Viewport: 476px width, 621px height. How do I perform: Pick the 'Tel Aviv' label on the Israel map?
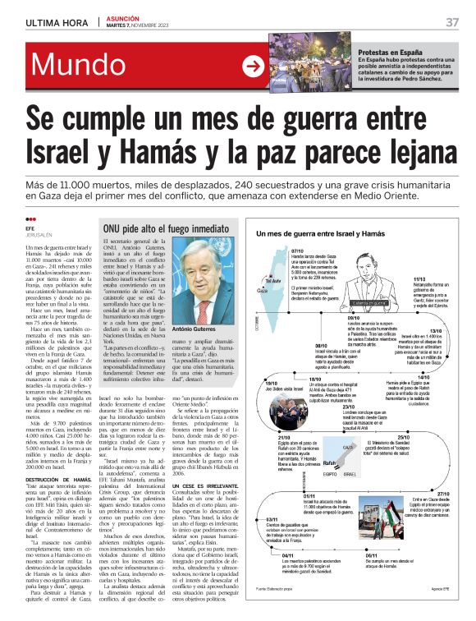click(x=270, y=280)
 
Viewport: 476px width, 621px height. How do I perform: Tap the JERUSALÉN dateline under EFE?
click(x=41, y=234)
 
